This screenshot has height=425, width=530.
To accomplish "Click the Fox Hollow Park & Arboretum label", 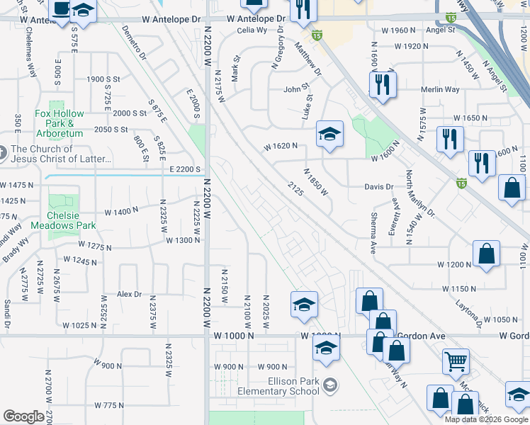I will click(x=60, y=123).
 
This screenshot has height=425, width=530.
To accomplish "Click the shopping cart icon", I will click(x=456, y=361).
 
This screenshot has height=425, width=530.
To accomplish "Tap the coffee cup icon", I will click(x=61, y=10).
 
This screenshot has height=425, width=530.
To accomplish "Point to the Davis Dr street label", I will click(x=378, y=187).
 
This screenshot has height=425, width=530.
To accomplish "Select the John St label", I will click(x=297, y=89).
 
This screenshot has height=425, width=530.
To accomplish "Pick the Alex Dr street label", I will click(x=129, y=294).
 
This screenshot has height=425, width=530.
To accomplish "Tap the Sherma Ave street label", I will click(x=373, y=233).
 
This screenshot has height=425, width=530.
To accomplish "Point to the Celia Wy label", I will click(x=252, y=30).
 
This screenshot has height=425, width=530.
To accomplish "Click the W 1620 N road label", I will click(x=280, y=147).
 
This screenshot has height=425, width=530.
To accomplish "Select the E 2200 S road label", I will click(x=186, y=169).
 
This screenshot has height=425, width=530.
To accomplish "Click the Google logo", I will click(x=23, y=416).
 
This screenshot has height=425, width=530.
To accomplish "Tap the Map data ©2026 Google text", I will click(x=487, y=419).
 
